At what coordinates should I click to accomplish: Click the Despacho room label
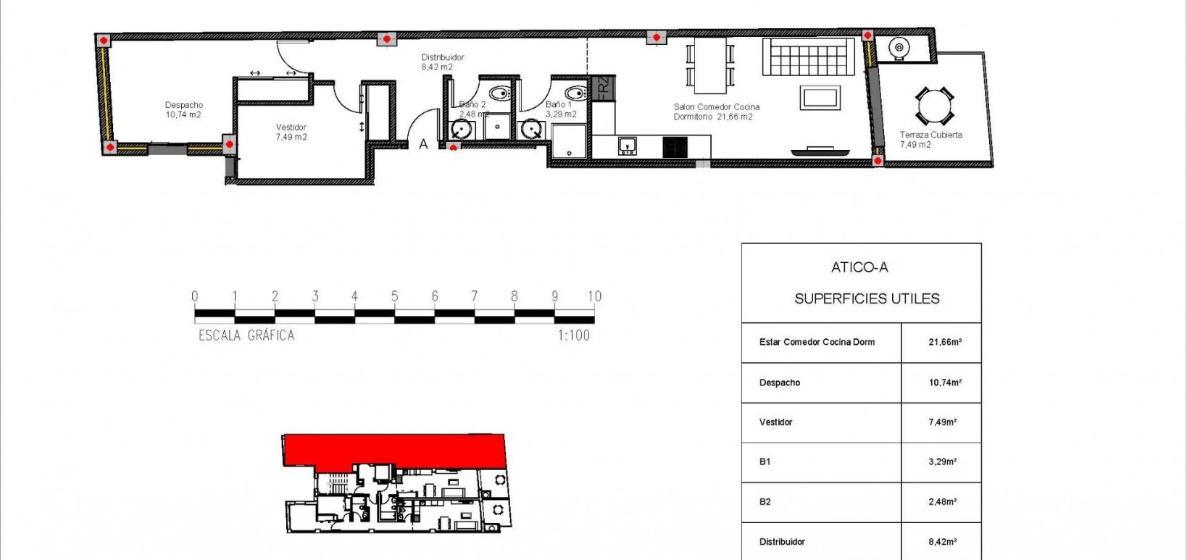(183, 110)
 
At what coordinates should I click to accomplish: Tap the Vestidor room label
(291, 132)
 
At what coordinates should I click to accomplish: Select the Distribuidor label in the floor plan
(442, 62)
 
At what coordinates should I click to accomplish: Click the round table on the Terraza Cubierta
(933, 106)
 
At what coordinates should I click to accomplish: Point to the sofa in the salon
(808, 57)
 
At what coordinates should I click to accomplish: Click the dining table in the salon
(711, 65)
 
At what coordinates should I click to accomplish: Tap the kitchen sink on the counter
(628, 146)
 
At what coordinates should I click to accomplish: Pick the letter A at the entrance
(424, 144)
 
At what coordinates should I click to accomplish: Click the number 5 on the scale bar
(395, 296)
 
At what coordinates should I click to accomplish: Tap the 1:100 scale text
(573, 335)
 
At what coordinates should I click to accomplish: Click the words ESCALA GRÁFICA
(246, 335)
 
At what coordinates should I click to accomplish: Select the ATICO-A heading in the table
(859, 267)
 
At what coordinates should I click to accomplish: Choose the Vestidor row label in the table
(775, 422)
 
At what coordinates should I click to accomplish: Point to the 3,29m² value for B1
(942, 461)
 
